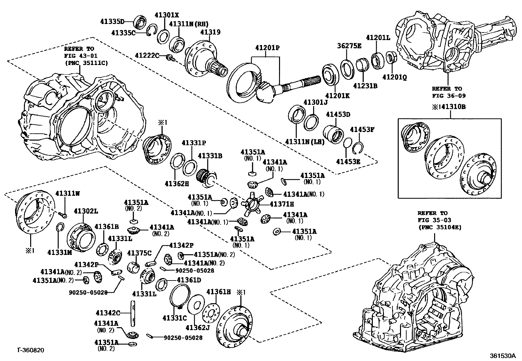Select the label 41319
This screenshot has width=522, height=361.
coord(210,32)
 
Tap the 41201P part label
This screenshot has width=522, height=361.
coord(267,48)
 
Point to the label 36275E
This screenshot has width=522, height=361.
coord(349,46)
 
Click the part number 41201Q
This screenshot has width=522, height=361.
coord(394,78)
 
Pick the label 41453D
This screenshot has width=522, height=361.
coord(338,114)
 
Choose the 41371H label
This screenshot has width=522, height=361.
coord(282,204)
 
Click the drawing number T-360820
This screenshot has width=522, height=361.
coord(30,350)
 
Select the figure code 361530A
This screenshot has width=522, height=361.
coord(503,355)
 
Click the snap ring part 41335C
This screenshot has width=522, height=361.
coord(151,30)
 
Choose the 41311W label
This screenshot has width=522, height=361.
coord(67,193)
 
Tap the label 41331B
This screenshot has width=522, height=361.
coord(210,156)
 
